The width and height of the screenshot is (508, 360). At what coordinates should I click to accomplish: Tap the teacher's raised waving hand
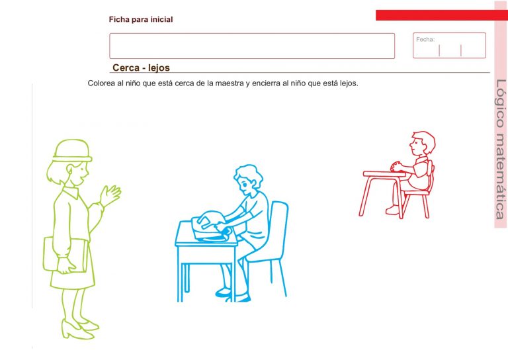110,195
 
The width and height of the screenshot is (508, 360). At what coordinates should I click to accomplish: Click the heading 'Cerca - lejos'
141,68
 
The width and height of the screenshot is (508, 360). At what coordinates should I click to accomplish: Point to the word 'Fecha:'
425,40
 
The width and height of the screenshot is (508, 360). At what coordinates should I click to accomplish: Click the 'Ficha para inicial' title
141,20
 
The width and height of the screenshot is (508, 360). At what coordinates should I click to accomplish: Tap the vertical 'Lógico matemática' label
500,149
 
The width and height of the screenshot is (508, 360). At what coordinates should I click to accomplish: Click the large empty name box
252,46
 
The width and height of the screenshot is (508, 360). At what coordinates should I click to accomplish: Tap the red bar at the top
433,15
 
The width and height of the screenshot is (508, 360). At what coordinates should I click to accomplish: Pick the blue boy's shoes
232,295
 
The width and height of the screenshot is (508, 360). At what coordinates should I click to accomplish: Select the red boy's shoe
393,210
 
